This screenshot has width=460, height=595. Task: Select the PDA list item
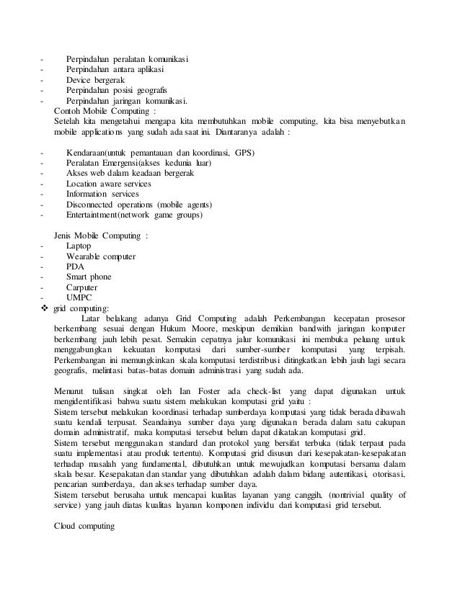point(75,266)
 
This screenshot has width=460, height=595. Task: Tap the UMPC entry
point(79,297)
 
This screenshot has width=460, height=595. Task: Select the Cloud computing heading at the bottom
point(85,524)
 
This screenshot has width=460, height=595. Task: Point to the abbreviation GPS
point(244,153)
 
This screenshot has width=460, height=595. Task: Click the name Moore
point(223,329)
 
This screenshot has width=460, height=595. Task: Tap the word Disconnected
point(93,204)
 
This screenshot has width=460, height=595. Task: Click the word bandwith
point(308,329)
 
